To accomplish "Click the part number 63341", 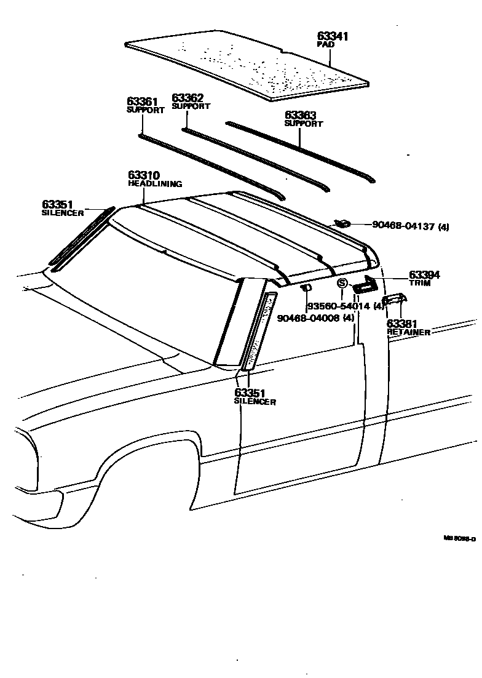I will coord(333,36).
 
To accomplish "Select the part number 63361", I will coord(143,102).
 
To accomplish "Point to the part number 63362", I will coord(188,97).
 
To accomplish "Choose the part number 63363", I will coord(300,115).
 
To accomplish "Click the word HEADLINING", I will coord(155,184).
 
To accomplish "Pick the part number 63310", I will coord(144,175).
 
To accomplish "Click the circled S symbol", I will coord(342,284).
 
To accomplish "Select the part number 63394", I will coord(425,275).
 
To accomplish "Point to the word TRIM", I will coord(420,284).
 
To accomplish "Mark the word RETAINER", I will coord(408,332).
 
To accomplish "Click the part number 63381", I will coord(402,324).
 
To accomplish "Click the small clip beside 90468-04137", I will coord(342,223).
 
